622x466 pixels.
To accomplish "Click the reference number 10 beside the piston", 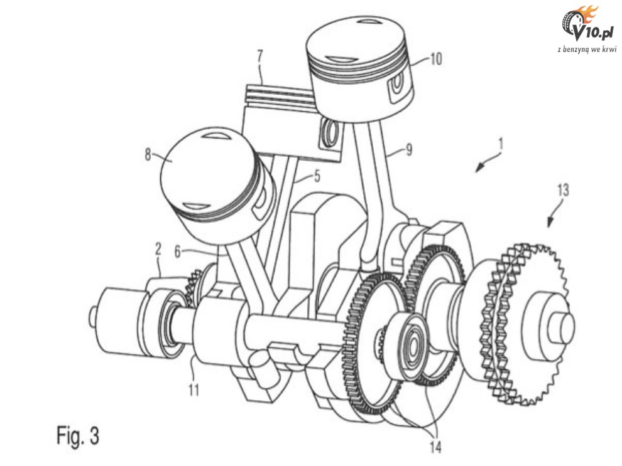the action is (435, 60).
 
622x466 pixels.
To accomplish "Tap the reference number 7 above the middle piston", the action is (260, 56).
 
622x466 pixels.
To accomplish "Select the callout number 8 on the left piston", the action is (148, 155).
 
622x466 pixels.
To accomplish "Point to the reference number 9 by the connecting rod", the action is (408, 150).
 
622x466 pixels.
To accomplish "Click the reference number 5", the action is (317, 176).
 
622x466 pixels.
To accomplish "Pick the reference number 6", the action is (178, 252).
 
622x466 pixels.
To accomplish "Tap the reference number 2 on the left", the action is (158, 249).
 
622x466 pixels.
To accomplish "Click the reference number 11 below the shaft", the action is (194, 390).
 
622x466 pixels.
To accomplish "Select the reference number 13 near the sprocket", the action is (562, 191).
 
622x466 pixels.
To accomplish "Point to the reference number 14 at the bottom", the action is (435, 447).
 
